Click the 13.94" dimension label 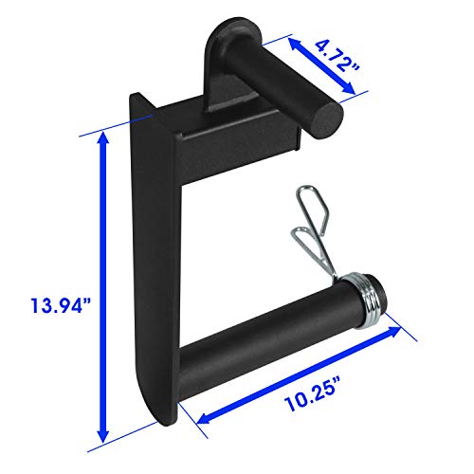61,305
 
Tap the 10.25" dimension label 310,394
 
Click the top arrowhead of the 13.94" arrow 103,139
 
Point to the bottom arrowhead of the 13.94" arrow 103,434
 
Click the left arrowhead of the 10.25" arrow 205,418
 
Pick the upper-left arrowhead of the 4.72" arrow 294,44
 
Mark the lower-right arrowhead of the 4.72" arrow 349,88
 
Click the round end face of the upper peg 328,121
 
